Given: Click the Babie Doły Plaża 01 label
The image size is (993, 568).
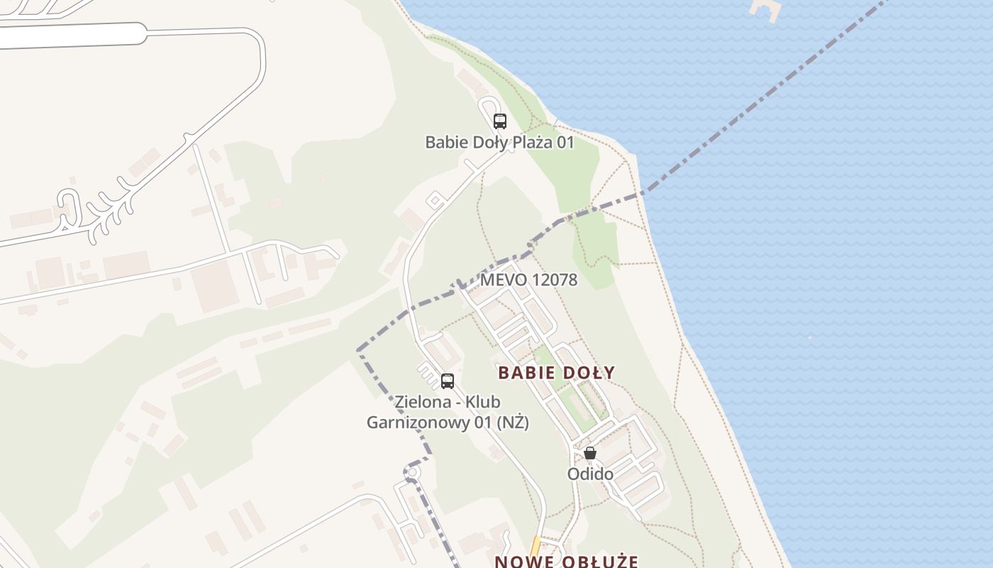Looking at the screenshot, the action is coord(499,142).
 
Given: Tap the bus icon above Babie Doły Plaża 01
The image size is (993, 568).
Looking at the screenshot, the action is coord(500,121).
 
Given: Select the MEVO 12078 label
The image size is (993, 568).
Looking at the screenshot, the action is coord(528,280).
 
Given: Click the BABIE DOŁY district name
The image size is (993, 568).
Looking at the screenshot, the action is coord(556,372).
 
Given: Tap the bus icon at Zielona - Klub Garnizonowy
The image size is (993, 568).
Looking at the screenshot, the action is coord(448,381).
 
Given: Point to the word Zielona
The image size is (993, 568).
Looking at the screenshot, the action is coord(424,402).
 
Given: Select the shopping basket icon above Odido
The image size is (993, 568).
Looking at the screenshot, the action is coord(590,453).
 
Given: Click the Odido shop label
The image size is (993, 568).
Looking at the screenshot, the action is coord(590,474).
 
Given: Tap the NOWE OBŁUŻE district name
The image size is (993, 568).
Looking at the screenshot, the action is coord(566,561).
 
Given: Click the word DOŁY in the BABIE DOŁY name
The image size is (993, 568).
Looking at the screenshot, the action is coord(586,372).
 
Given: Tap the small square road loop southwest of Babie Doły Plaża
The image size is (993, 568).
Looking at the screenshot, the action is coord(435,202).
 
